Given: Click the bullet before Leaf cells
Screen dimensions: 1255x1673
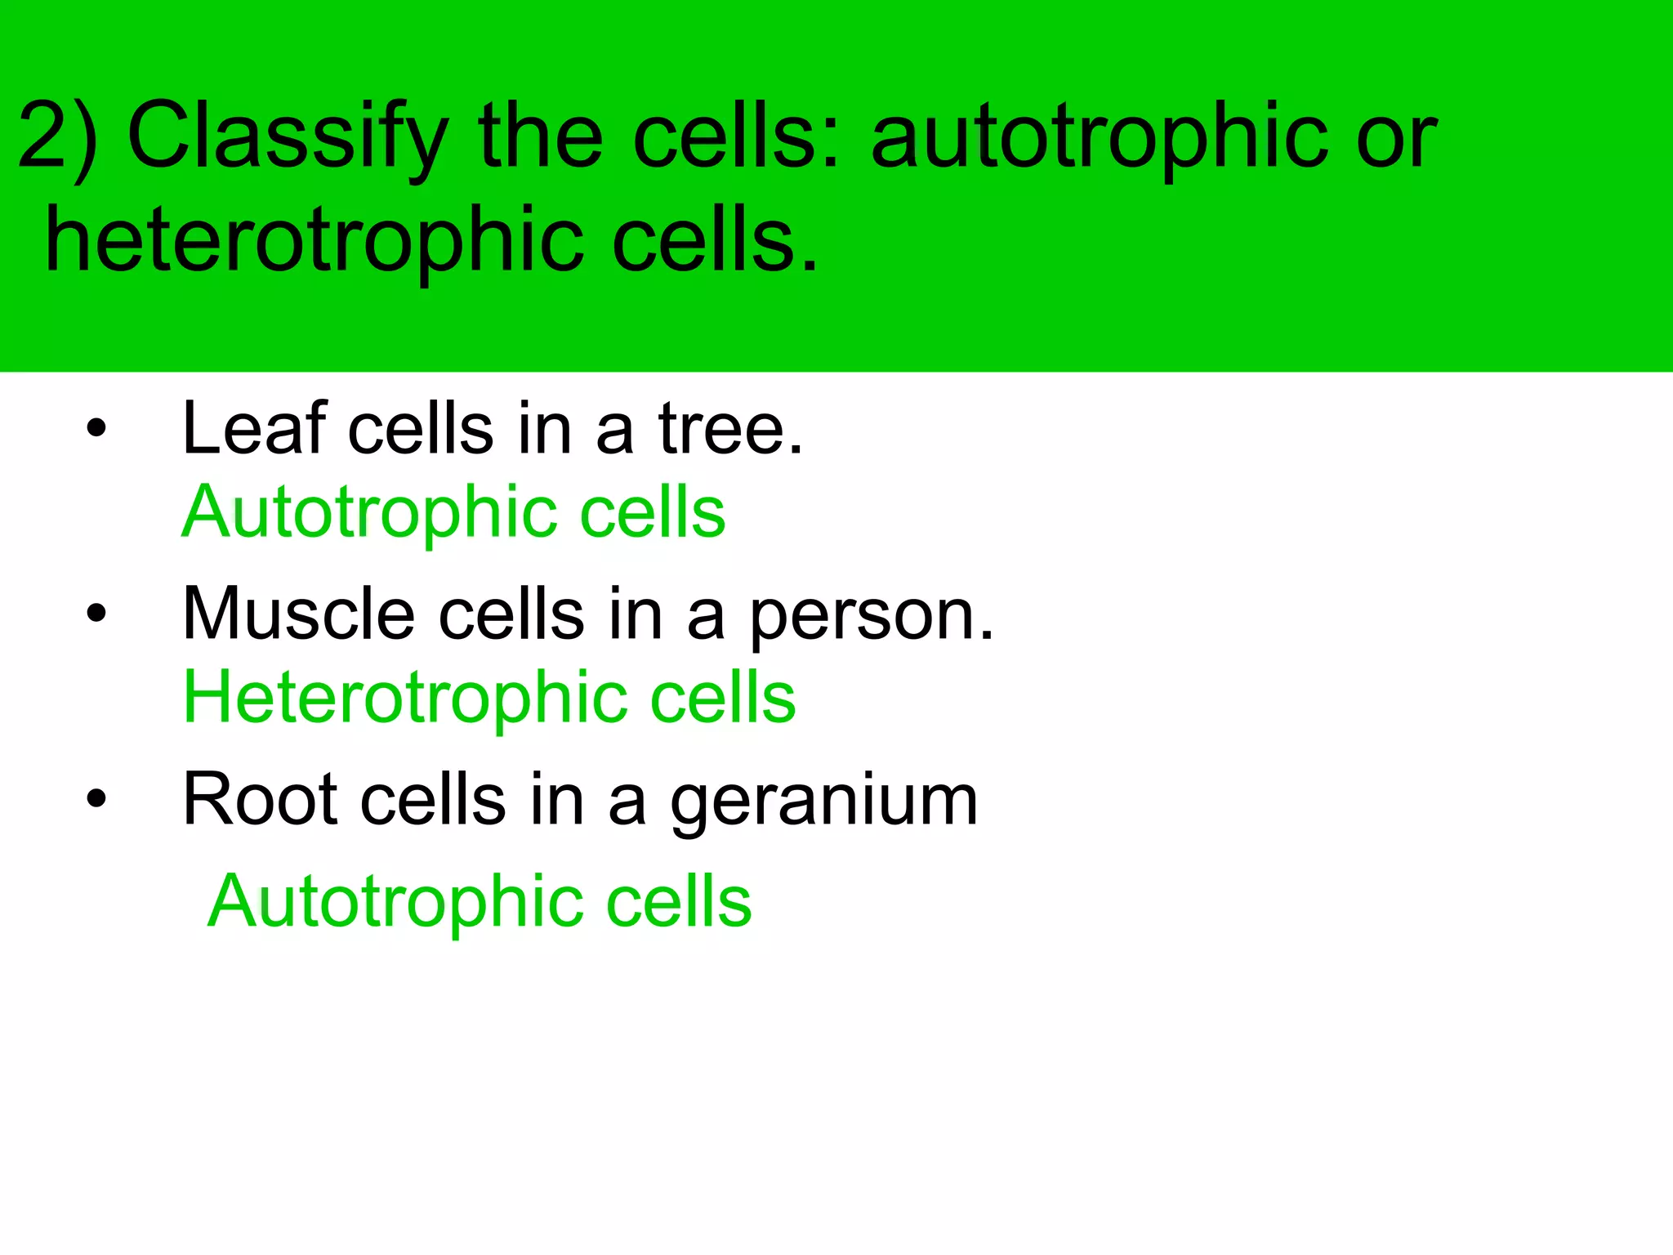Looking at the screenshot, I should (96, 428).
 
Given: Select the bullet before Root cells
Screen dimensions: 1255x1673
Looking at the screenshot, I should (96, 798).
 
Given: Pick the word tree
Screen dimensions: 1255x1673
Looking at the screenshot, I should (731, 428).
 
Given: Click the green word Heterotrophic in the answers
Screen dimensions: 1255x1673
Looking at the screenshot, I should (405, 697).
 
